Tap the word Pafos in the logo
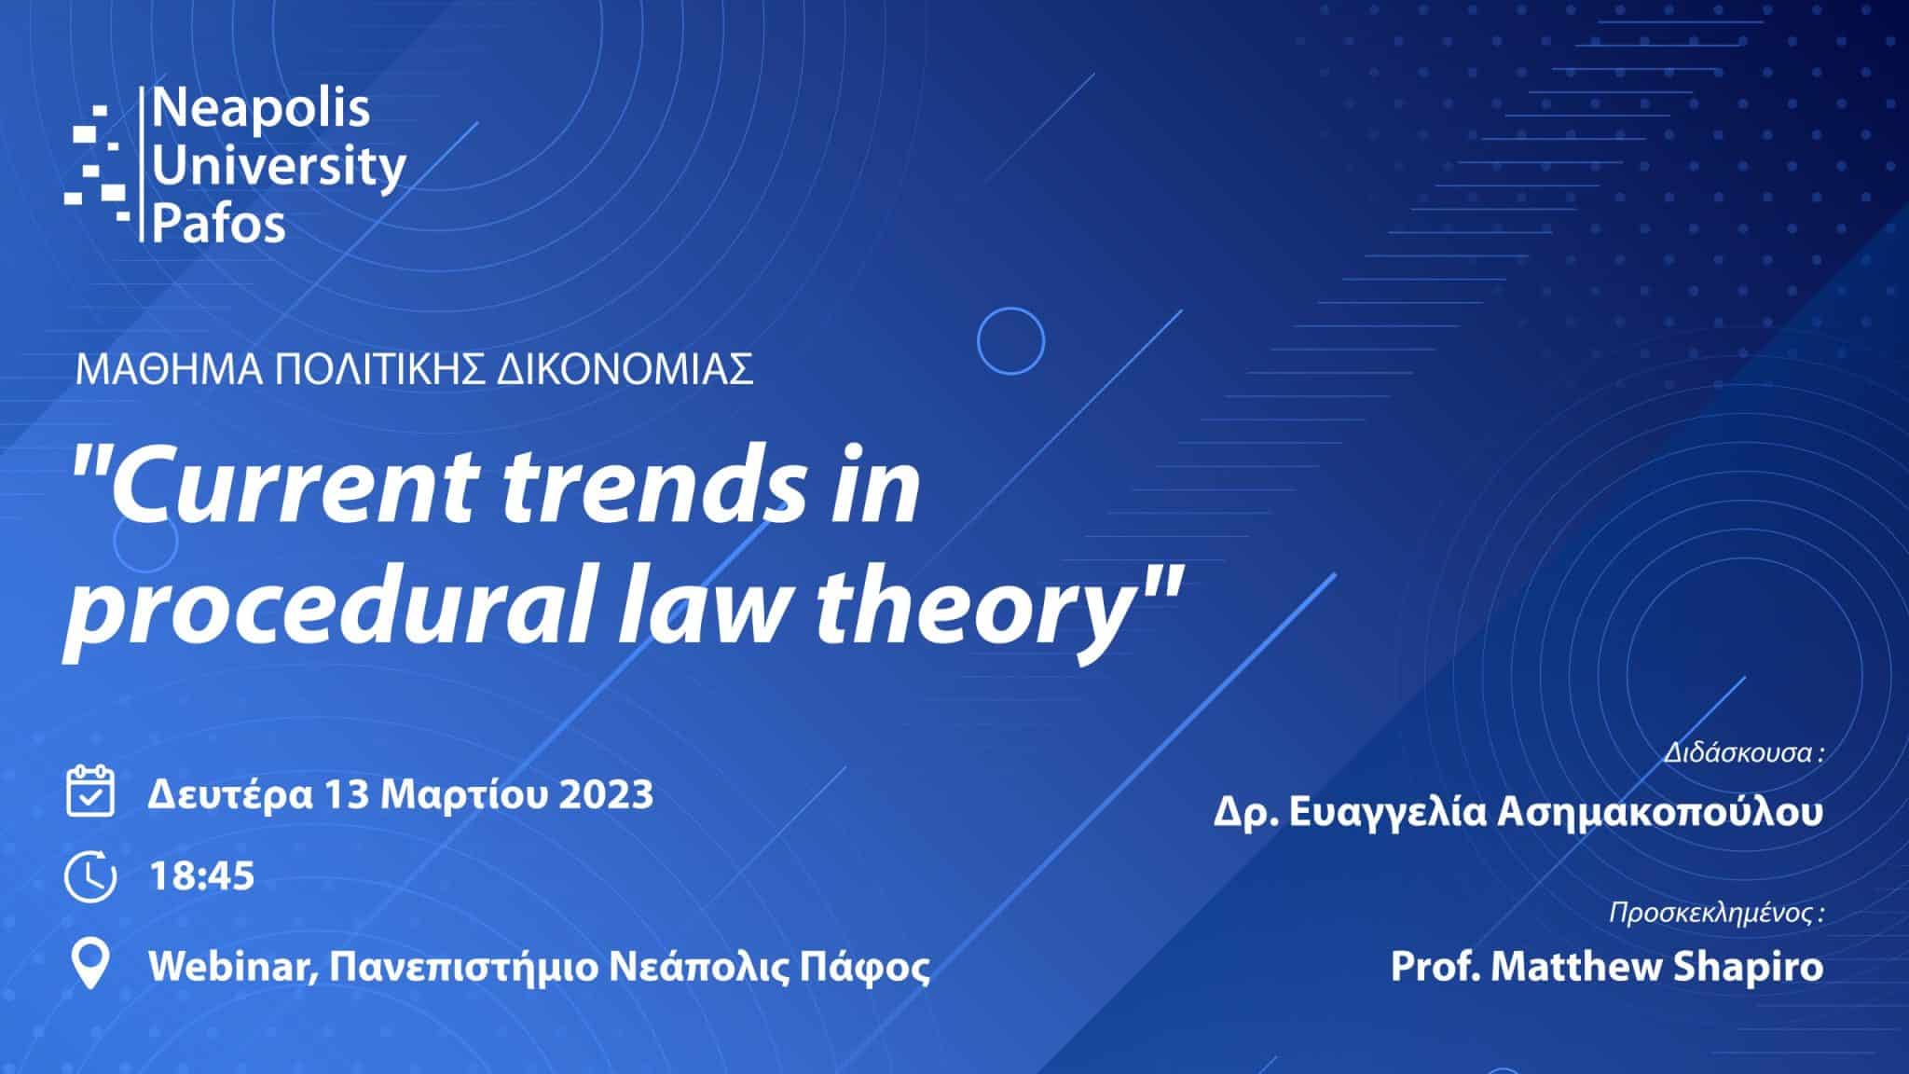pos(218,224)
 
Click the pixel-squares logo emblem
pos(95,164)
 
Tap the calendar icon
pos(90,792)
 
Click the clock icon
pos(90,875)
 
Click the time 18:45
pos(201,876)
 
